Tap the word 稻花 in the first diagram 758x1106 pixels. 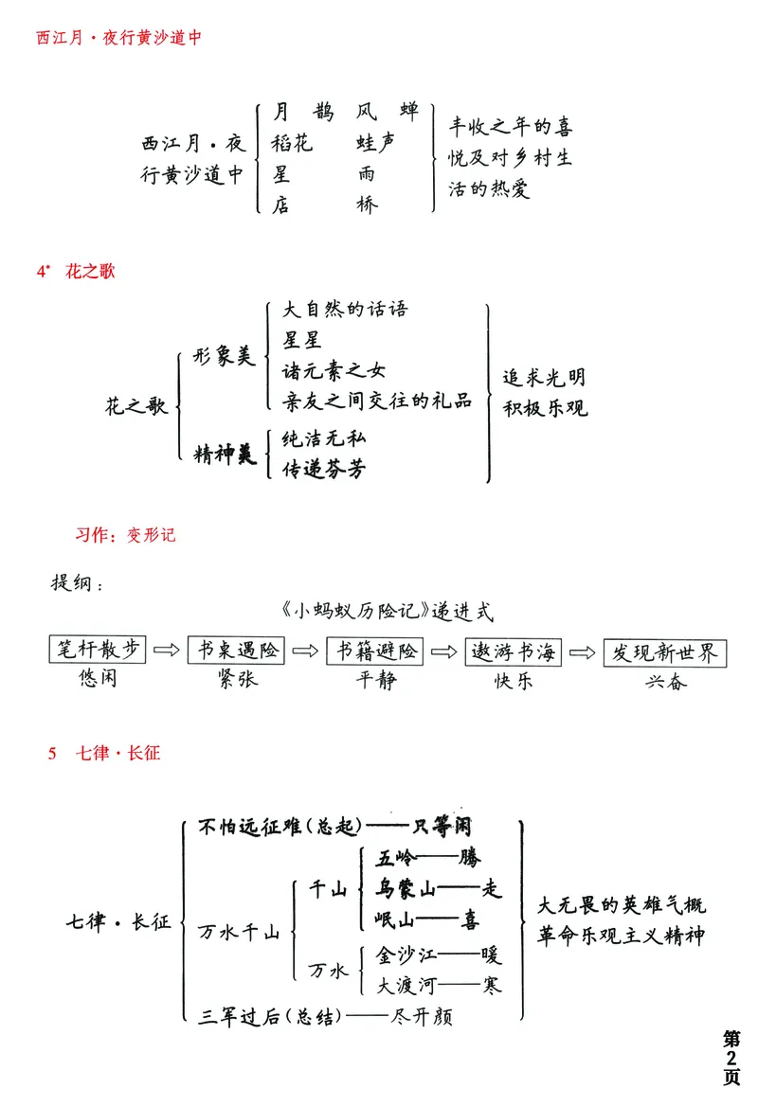pyautogui.click(x=294, y=143)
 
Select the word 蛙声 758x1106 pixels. pyautogui.click(x=376, y=143)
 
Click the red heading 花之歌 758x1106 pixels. pyautogui.click(x=90, y=272)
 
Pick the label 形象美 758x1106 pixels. pyautogui.click(x=225, y=357)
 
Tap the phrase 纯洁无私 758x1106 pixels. pyautogui.click(x=325, y=438)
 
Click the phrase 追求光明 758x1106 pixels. pyautogui.click(x=544, y=377)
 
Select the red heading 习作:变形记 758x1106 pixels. pyautogui.click(x=125, y=535)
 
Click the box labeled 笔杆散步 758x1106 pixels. pyautogui.click(x=98, y=651)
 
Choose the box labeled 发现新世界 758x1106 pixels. pyautogui.click(x=663, y=652)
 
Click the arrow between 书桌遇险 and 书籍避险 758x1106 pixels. pyautogui.click(x=305, y=651)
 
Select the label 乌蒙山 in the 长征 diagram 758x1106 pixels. pyautogui.click(x=407, y=889)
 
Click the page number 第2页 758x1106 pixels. pyautogui.click(x=732, y=1056)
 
